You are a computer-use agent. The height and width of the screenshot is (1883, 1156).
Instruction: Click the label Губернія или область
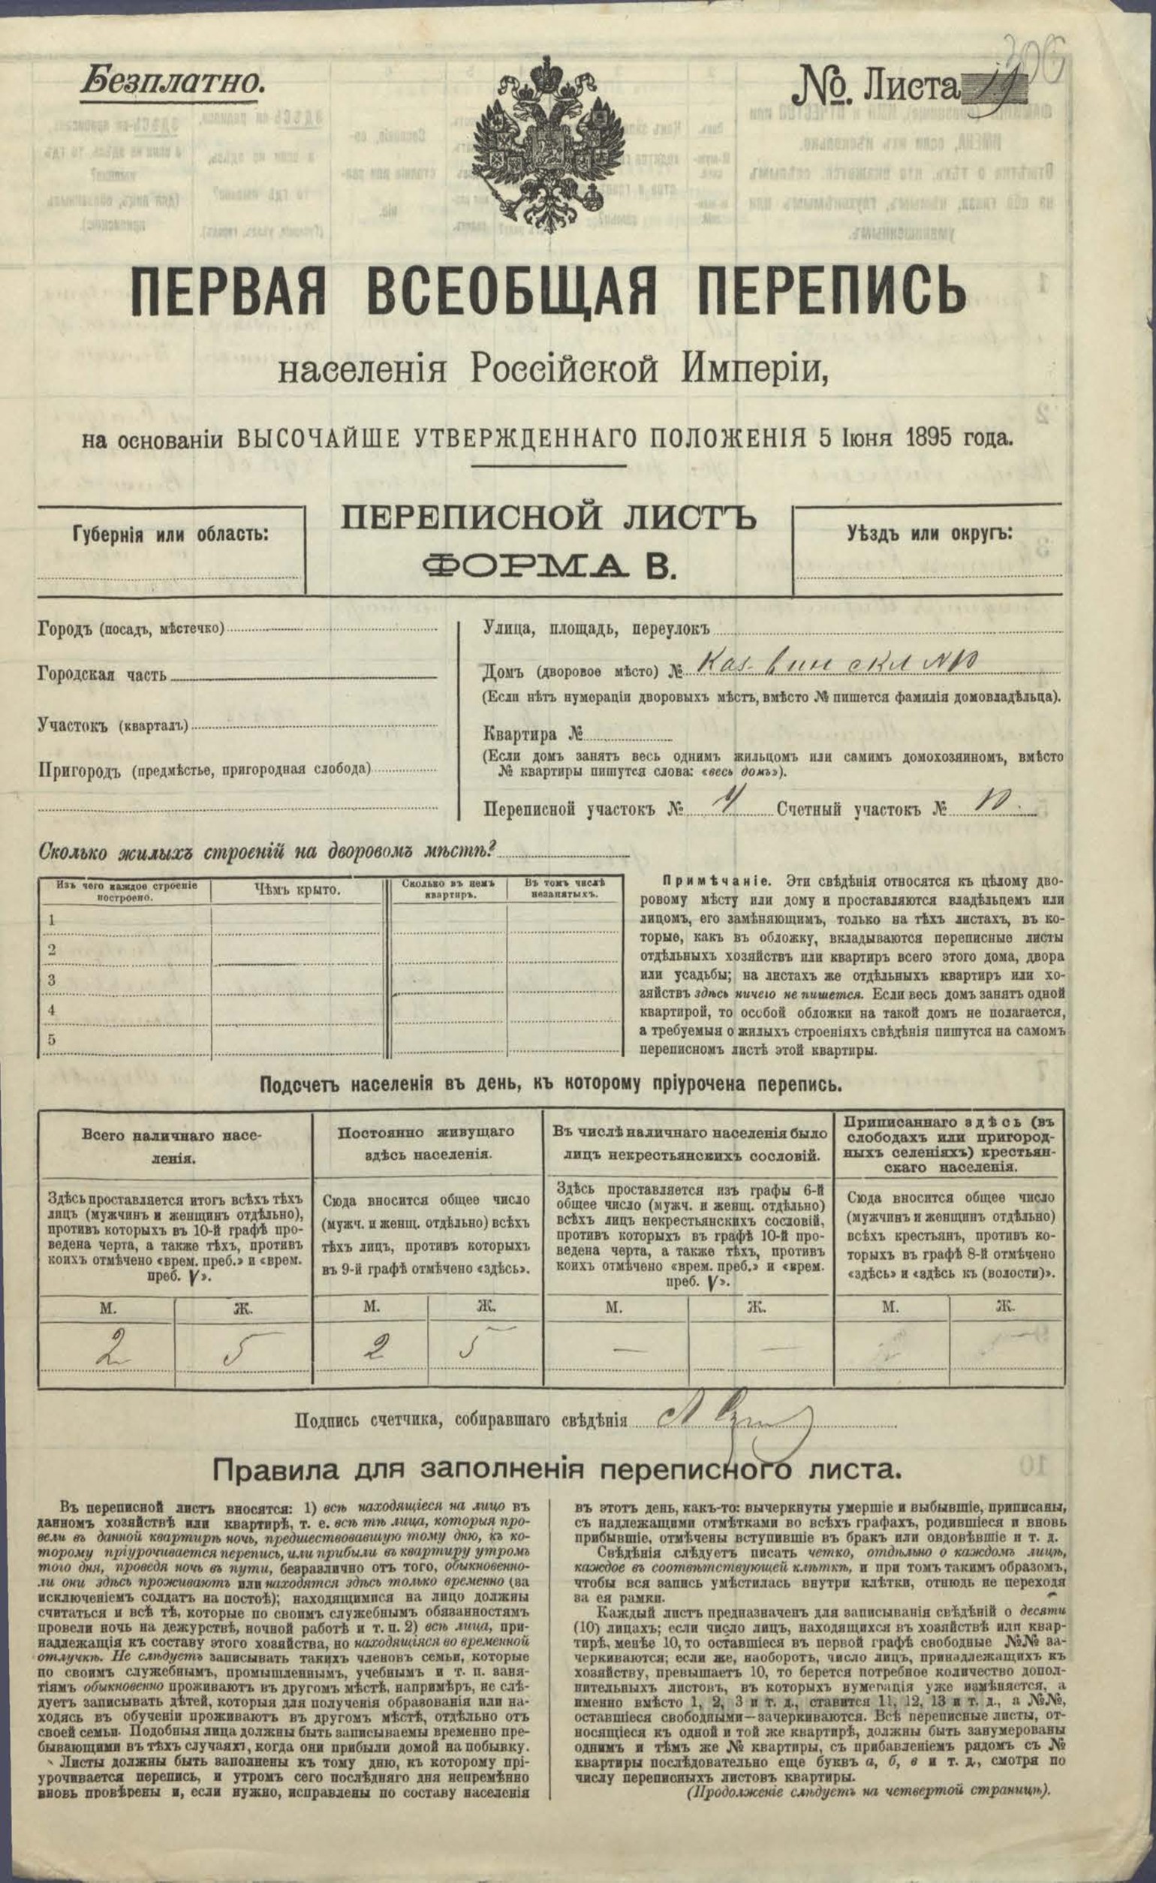(x=170, y=534)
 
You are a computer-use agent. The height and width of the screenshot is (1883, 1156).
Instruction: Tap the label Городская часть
(x=101, y=675)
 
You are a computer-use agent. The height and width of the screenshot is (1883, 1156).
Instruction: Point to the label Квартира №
(x=532, y=737)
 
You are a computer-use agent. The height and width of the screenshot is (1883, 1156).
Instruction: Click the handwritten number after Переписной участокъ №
(x=718, y=806)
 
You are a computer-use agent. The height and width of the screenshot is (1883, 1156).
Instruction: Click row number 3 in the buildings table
(x=53, y=980)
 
